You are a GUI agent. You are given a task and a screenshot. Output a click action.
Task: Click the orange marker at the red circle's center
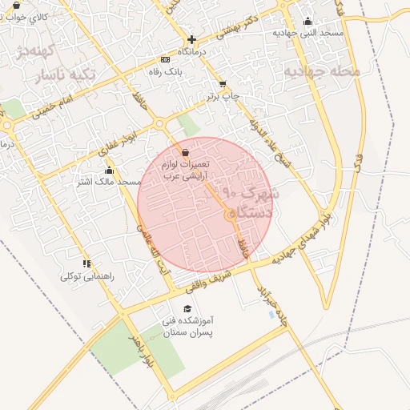coord(231,214)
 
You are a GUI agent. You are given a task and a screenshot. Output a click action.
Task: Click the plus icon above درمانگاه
coord(191,39)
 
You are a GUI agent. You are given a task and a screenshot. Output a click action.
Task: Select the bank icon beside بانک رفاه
coord(165,59)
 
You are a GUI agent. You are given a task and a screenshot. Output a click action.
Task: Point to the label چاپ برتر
coord(223,96)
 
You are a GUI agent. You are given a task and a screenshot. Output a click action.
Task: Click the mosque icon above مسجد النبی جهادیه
coord(308,22)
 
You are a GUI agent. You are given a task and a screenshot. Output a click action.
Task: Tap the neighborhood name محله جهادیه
coord(321,70)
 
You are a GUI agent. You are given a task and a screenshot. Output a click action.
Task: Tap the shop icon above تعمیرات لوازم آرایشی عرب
coord(185,152)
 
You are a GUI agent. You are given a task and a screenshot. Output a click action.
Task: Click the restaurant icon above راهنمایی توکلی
coord(86,263)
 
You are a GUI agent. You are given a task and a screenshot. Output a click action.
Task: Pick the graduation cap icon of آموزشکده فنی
coord(187,308)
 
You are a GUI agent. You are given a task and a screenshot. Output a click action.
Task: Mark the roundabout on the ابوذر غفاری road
coord(159,124)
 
